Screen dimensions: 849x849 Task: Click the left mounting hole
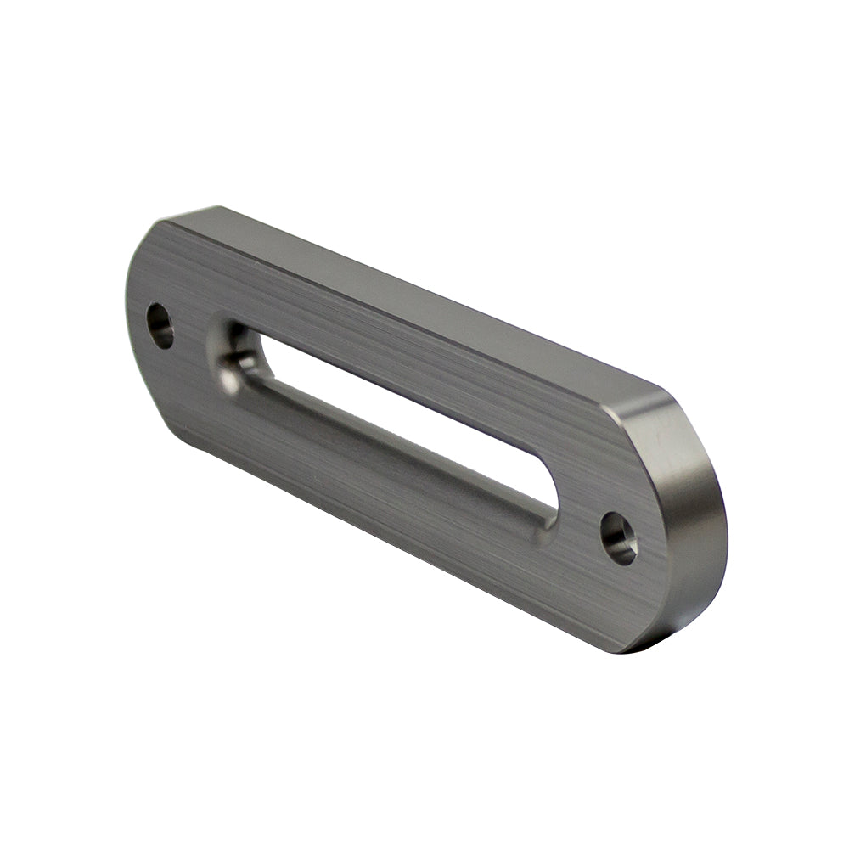[x=160, y=325]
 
